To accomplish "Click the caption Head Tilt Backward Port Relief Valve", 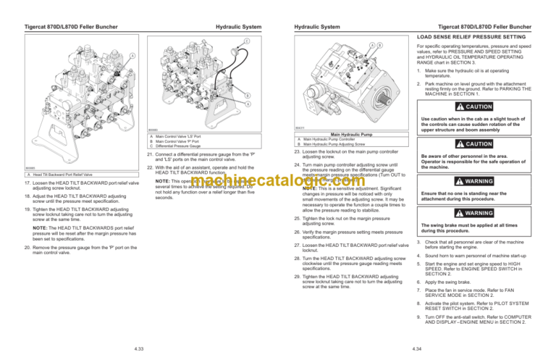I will [57, 175].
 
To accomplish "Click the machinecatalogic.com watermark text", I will [278, 180].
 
